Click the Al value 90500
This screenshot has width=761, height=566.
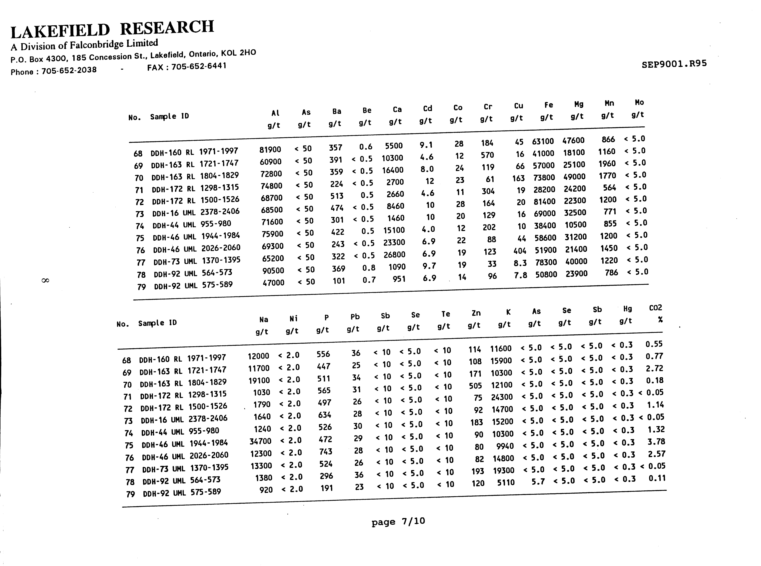273,271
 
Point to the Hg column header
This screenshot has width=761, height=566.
627,309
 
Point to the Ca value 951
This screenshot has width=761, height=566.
399,279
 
